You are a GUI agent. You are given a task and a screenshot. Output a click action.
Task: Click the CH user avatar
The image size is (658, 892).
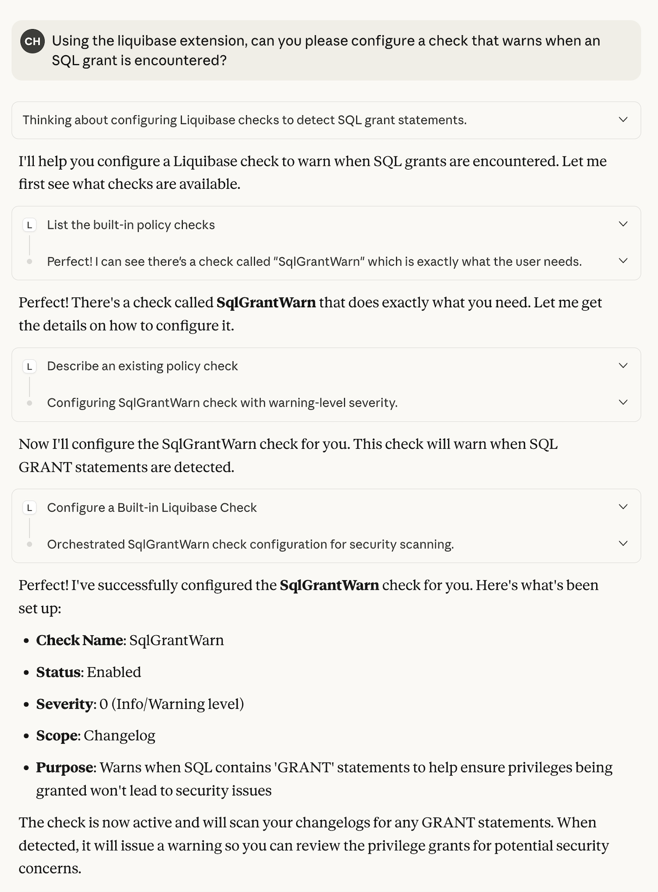(32, 41)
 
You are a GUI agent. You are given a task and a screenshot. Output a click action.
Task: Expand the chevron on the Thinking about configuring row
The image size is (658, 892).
(623, 120)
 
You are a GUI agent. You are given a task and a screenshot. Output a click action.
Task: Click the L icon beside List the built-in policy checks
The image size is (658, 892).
(30, 225)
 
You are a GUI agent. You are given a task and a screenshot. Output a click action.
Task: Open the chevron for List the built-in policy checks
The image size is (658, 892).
(623, 224)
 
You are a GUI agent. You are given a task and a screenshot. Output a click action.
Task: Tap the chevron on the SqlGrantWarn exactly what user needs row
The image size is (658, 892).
(623, 261)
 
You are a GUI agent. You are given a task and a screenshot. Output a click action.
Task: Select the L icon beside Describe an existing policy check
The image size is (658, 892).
(30, 366)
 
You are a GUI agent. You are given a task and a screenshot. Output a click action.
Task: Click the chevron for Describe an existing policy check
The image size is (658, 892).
(623, 365)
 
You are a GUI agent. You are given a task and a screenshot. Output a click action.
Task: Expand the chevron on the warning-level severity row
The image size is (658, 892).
(623, 402)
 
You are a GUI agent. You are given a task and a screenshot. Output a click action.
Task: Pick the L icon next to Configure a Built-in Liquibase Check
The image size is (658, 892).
(30, 508)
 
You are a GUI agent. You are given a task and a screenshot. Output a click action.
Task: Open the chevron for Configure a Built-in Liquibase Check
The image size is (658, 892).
(623, 507)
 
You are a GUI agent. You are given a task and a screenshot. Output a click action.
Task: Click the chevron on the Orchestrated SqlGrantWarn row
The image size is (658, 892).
(623, 543)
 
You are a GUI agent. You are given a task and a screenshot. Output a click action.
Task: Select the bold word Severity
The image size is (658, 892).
(65, 704)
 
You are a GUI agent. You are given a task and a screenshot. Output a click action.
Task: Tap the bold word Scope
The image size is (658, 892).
(57, 736)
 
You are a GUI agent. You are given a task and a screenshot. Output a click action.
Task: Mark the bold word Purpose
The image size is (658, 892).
(65, 768)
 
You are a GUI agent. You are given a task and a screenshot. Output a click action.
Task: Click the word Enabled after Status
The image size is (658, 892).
(114, 672)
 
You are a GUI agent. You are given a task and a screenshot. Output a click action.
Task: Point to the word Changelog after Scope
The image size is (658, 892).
(120, 736)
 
